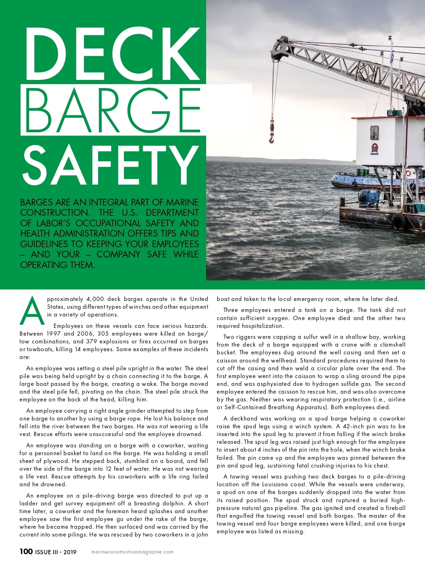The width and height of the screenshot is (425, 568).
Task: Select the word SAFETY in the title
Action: point(110,166)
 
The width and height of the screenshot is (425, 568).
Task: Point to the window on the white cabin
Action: point(374,133)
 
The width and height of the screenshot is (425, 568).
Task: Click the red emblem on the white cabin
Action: point(374,149)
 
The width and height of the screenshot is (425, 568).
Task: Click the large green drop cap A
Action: point(33,311)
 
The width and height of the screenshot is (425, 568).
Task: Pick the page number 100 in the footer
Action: point(26,551)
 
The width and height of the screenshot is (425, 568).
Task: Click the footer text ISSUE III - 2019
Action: point(56,552)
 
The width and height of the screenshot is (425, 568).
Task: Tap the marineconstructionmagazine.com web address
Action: point(132,552)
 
